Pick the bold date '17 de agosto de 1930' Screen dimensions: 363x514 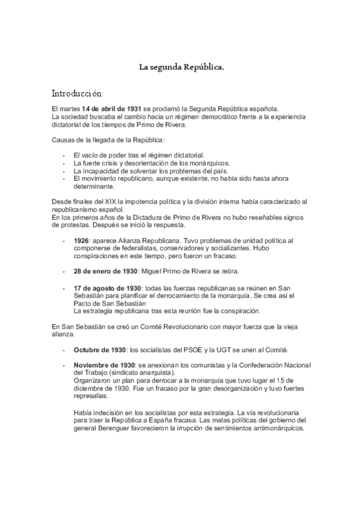pyautogui.click(x=108, y=289)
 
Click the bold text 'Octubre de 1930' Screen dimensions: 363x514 pyautogui.click(x=100, y=350)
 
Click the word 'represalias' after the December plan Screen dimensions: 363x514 pyautogui.click(x=95, y=395)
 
